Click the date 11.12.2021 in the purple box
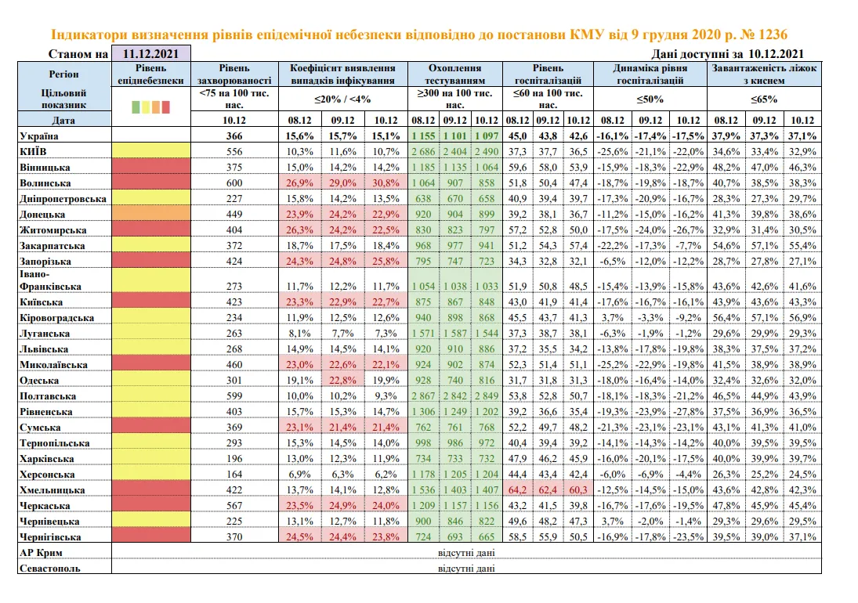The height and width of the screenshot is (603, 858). click(x=150, y=53)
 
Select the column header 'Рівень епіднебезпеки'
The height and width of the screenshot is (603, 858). click(x=151, y=74)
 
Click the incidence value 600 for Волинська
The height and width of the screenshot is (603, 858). click(x=234, y=183)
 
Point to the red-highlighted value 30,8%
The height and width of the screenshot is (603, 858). click(x=386, y=183)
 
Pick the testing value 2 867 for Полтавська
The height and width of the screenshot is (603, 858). click(x=424, y=396)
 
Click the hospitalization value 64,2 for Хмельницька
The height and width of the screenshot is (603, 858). click(x=517, y=490)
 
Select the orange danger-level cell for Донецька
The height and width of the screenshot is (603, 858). click(x=151, y=214)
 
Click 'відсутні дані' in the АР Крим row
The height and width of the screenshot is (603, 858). click(x=466, y=553)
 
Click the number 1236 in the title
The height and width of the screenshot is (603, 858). click(x=772, y=34)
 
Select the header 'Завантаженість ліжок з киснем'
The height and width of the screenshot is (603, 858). click(x=764, y=74)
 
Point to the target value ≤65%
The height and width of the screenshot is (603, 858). click(x=764, y=99)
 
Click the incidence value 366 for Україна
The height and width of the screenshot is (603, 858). click(x=234, y=136)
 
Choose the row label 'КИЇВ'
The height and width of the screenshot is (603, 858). click(x=34, y=151)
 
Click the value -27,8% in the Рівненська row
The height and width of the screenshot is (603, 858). click(x=689, y=412)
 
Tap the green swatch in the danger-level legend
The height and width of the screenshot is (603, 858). click(x=136, y=107)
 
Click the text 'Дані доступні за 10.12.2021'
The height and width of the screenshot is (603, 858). click(x=728, y=53)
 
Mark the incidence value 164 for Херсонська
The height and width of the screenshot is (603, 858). click(x=234, y=475)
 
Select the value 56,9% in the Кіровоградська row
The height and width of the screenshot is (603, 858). click(x=802, y=318)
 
